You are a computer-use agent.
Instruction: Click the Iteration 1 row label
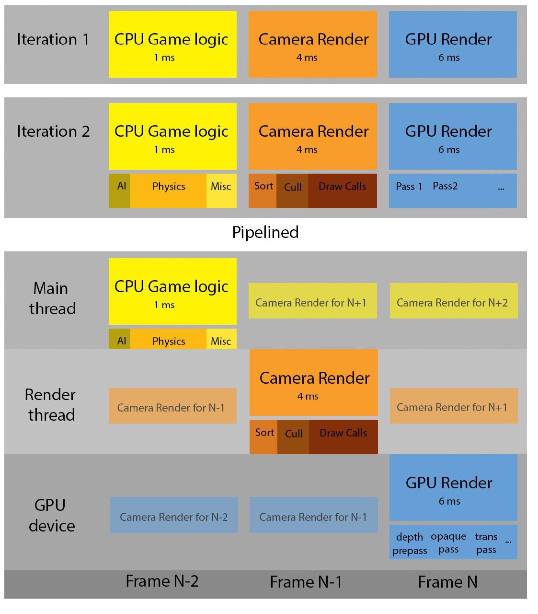[53, 39]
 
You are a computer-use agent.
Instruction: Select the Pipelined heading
[265, 232]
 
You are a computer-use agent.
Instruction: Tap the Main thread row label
[52, 298]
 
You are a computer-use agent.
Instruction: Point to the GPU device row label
[51, 515]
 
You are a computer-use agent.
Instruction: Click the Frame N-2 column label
[162, 581]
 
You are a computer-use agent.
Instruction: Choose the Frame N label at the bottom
[447, 582]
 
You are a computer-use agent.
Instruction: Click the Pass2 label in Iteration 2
[445, 186]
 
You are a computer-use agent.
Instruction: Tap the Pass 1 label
[409, 187]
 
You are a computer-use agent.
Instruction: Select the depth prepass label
[410, 543]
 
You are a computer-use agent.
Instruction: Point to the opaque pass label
[448, 543]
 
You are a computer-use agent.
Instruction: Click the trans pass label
[486, 543]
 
